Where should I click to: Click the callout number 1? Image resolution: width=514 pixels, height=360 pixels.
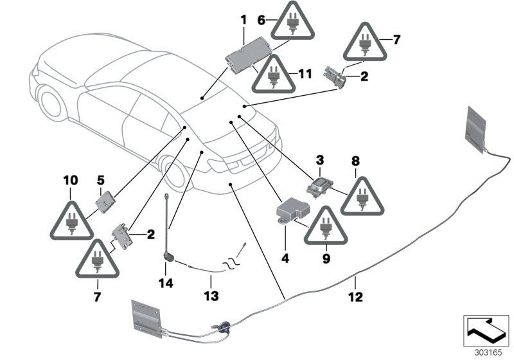tap(244, 21)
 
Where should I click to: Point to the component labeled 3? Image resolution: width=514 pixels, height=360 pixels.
tap(319, 185)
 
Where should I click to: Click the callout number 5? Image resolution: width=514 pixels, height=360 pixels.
tap(100, 179)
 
